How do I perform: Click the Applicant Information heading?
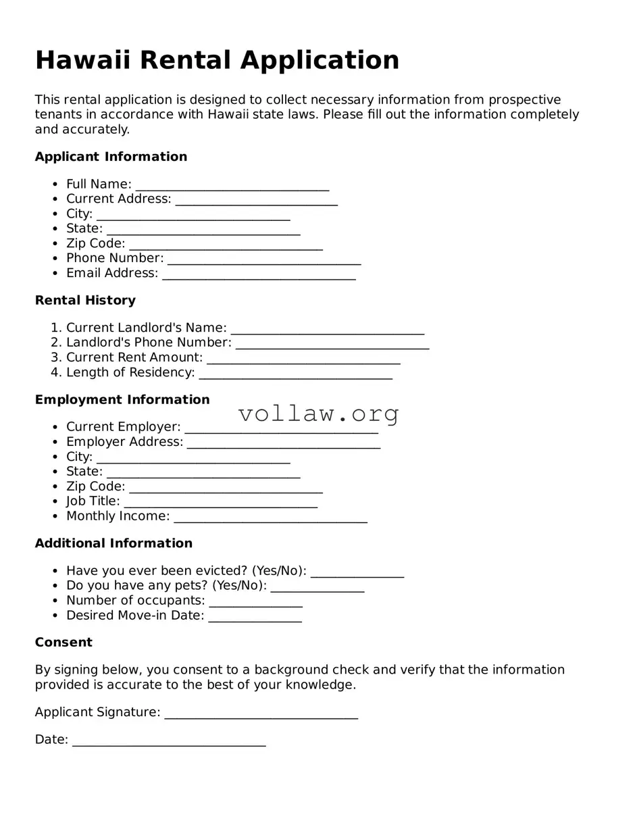coord(111,157)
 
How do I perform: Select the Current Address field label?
coord(118,199)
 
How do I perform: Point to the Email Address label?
coord(112,273)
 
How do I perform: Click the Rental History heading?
coord(85,300)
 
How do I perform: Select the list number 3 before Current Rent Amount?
coord(55,357)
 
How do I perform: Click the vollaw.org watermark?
coord(318,414)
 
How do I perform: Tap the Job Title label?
coord(93,501)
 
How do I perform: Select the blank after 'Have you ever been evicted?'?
coord(357,572)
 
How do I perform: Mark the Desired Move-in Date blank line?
coord(255,617)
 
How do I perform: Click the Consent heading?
coord(63,642)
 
